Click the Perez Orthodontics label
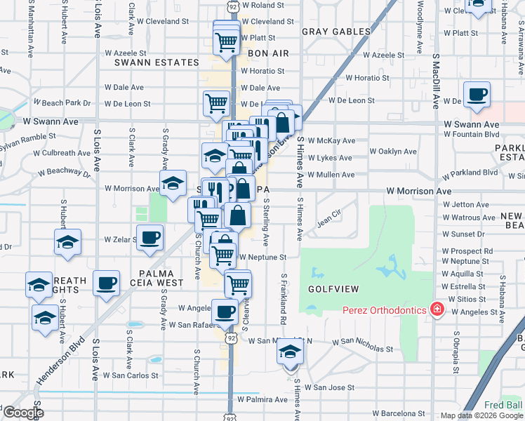click(385, 310)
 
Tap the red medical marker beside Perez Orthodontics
click(437, 309)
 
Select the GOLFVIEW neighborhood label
click(333, 289)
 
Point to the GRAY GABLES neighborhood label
click(336, 32)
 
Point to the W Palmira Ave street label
click(262, 399)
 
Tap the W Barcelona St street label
click(399, 413)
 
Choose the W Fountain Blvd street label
click(472, 134)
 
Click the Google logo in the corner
click(22, 413)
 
